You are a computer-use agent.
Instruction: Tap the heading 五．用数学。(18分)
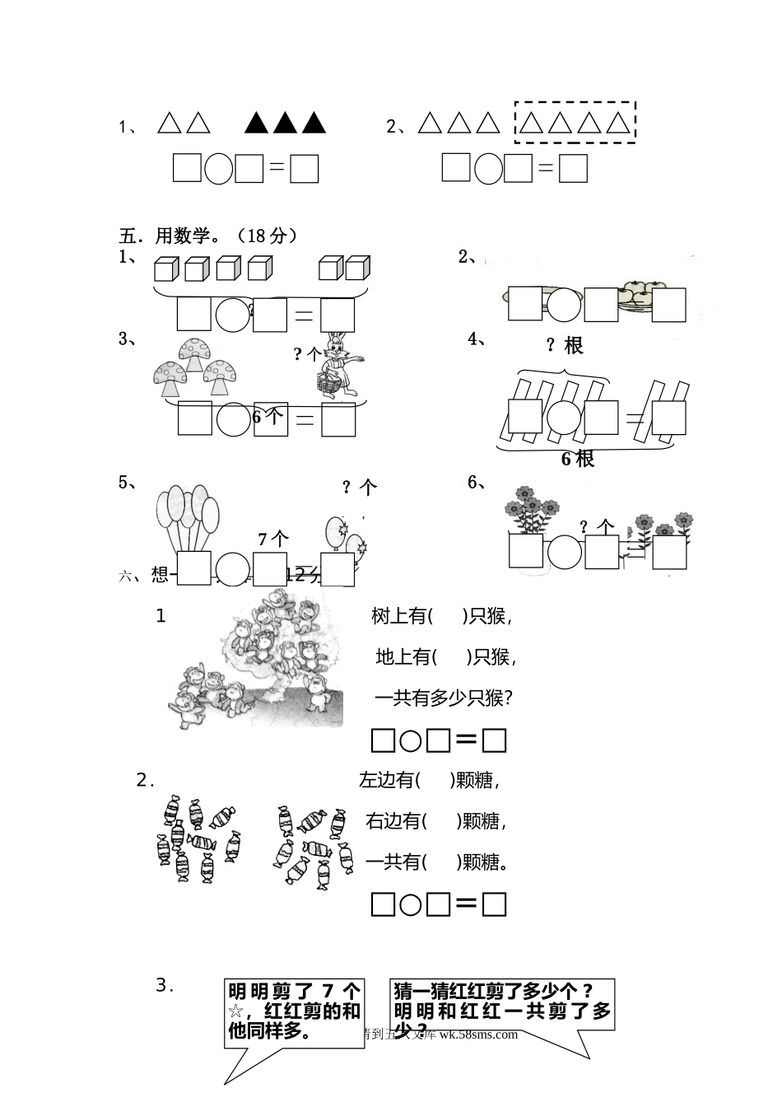[x=209, y=236]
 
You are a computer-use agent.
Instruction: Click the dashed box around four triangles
[x=575, y=123]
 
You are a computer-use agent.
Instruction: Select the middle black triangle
[x=285, y=123]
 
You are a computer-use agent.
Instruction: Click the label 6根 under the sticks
[x=578, y=459]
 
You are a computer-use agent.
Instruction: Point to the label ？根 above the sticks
[x=565, y=346]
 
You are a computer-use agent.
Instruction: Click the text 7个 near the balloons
[x=273, y=539]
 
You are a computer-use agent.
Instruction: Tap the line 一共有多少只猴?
[x=445, y=698]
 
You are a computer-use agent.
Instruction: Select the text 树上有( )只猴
[x=442, y=616]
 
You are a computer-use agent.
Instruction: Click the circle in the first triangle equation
[x=218, y=169]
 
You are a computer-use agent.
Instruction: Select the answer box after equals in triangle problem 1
[x=305, y=169]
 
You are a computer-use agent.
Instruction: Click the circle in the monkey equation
[x=411, y=741]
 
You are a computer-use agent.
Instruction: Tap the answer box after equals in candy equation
[x=494, y=905]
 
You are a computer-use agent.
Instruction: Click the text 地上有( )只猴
[x=445, y=657]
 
